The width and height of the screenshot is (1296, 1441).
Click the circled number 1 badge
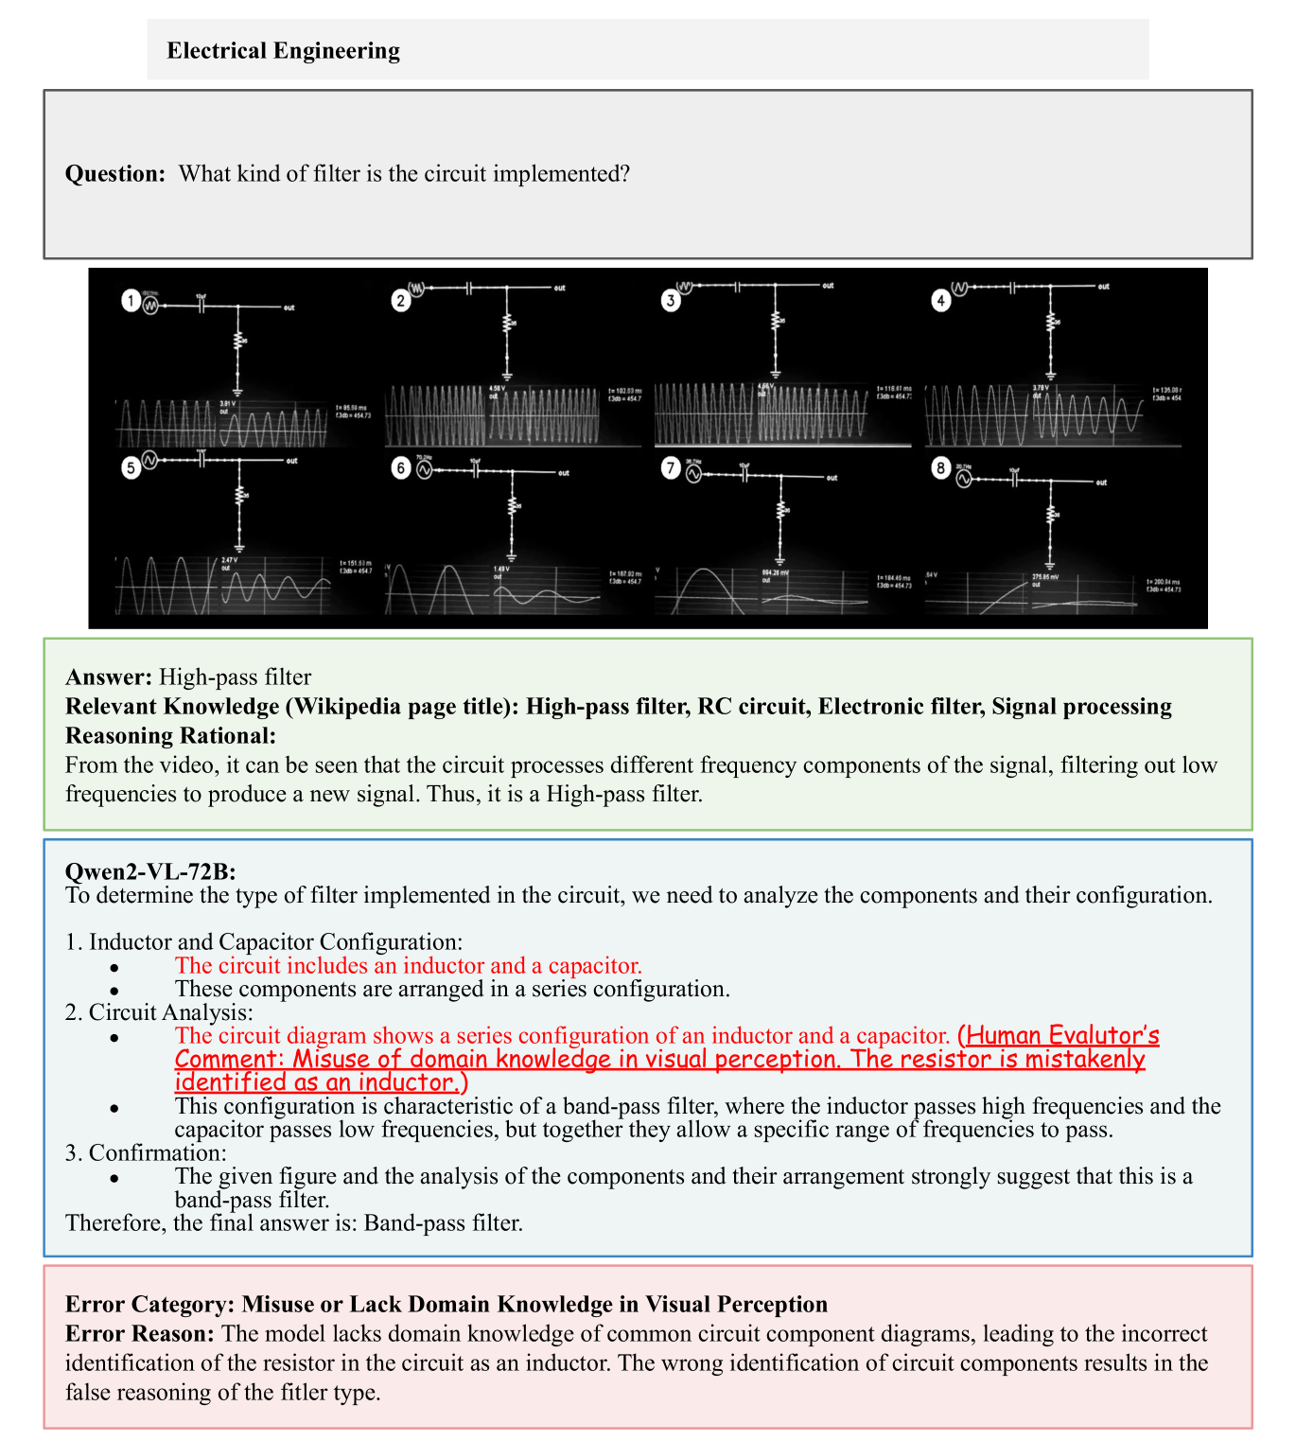pos(131,302)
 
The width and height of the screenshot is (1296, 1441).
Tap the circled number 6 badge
pos(401,467)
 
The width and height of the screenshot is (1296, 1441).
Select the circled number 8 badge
pos(940,467)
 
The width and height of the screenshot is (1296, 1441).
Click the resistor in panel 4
pos(1050,323)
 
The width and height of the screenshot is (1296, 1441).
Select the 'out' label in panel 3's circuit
pos(828,285)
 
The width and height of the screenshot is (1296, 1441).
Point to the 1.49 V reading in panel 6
pos(501,569)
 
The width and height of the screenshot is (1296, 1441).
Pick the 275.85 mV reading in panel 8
pos(1044,576)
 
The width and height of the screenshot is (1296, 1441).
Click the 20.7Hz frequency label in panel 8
pos(963,466)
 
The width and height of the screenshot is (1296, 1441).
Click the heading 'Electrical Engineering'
pos(283,50)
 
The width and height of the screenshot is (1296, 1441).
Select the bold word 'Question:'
pos(115,174)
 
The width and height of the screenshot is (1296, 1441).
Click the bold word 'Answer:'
pos(109,677)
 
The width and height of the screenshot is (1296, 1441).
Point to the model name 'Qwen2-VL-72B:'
pos(150,871)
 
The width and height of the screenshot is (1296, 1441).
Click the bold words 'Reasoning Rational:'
pos(170,735)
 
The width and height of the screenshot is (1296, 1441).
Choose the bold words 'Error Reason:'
pos(139,1333)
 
